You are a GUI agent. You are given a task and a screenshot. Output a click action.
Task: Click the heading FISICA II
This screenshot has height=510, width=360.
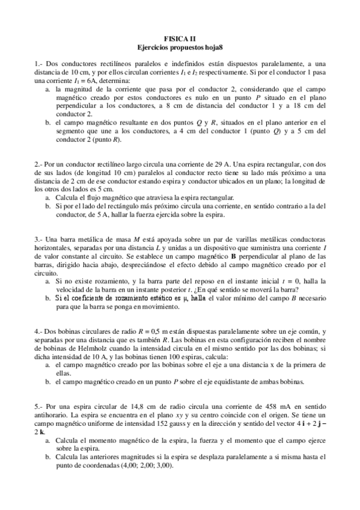pos(180,37)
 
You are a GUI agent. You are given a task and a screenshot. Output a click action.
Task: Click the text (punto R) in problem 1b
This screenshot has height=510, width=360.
pos(109,140)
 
